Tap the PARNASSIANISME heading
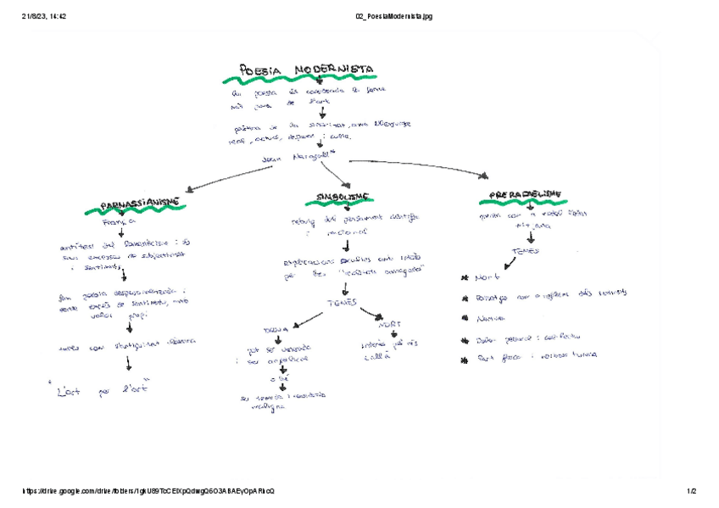140,204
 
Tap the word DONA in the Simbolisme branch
276,326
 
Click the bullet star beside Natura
465,319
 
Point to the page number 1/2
691,491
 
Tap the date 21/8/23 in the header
36,16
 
